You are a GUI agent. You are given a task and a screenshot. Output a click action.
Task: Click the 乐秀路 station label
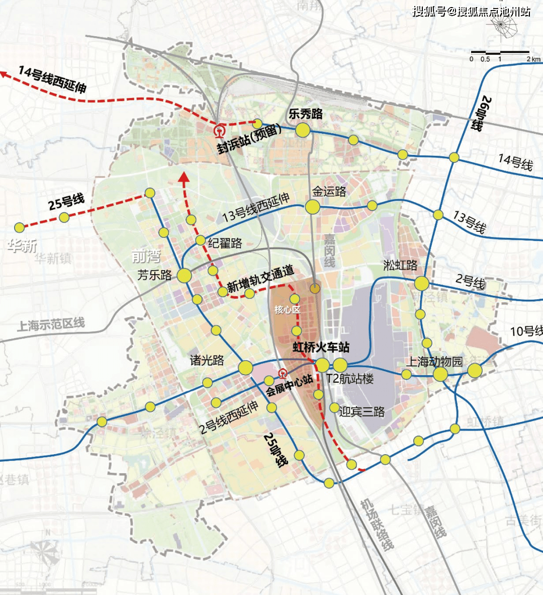(306, 114)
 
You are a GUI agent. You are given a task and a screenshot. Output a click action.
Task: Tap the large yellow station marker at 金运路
(313, 207)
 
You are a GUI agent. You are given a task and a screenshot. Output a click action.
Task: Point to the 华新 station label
(22, 245)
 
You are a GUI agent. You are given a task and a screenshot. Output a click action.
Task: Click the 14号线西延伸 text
(52, 79)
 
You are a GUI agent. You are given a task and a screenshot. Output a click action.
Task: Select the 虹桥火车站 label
(321, 347)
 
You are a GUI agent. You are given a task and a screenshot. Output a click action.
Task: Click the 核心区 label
(287, 310)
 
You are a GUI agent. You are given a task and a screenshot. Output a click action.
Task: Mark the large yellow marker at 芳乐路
(184, 275)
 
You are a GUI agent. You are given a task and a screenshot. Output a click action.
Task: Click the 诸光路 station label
(207, 360)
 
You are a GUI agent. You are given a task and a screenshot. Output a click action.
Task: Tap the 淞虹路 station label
(400, 265)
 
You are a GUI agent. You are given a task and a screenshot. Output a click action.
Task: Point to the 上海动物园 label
(434, 361)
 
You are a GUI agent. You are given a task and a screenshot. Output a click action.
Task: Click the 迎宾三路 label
(361, 412)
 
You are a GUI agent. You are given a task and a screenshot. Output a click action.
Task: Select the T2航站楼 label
(350, 379)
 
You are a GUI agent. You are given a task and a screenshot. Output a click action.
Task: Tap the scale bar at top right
(500, 53)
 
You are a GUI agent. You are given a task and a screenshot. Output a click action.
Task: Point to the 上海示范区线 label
(51, 324)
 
